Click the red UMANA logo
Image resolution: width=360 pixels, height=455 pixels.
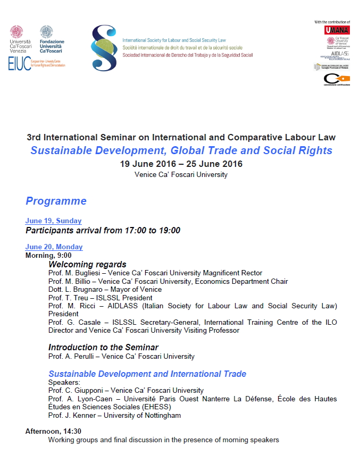(337, 30)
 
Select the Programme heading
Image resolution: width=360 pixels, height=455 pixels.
(56, 201)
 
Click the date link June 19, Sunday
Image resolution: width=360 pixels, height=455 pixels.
(53, 221)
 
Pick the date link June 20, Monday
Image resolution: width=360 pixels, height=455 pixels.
(54, 247)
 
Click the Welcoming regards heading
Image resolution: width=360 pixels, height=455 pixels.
(87, 264)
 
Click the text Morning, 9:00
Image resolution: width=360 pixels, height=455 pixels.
(48, 255)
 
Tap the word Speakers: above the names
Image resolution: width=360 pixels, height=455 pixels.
(63, 382)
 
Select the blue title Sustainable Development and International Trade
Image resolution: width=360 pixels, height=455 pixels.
(147, 374)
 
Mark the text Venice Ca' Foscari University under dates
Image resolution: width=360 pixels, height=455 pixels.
(181, 174)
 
